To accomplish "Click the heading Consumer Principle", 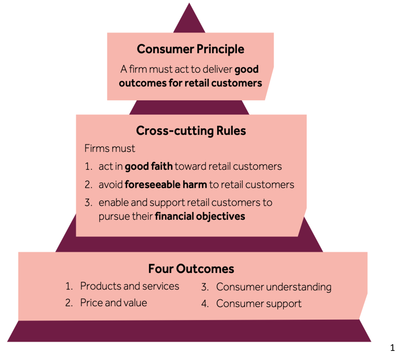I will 190,49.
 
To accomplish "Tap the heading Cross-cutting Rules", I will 191,131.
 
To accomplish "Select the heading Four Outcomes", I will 191,269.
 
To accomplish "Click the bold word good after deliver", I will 246,70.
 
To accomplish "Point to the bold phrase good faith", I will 149,167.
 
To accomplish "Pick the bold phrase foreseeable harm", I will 166,185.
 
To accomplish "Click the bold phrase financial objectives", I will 200,216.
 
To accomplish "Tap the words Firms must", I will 110,148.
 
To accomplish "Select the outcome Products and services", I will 129,286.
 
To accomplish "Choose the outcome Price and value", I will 113,303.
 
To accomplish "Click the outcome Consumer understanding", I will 274,287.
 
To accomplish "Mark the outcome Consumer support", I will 259,304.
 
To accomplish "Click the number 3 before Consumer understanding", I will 204,287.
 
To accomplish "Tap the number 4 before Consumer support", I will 204,304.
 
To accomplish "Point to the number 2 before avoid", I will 88,185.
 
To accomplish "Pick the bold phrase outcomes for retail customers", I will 190,83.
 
